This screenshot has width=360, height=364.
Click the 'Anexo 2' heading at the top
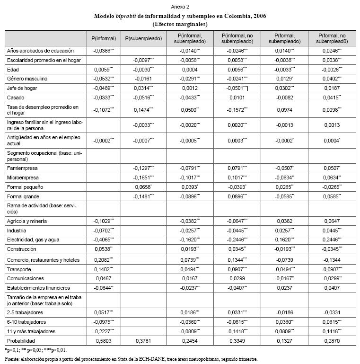[180, 7]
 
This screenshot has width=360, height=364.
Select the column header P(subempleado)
[144, 37]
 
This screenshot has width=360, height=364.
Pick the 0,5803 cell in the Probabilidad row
[103, 340]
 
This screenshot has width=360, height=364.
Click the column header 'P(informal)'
[104, 37]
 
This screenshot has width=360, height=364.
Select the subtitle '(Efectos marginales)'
[180, 24]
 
